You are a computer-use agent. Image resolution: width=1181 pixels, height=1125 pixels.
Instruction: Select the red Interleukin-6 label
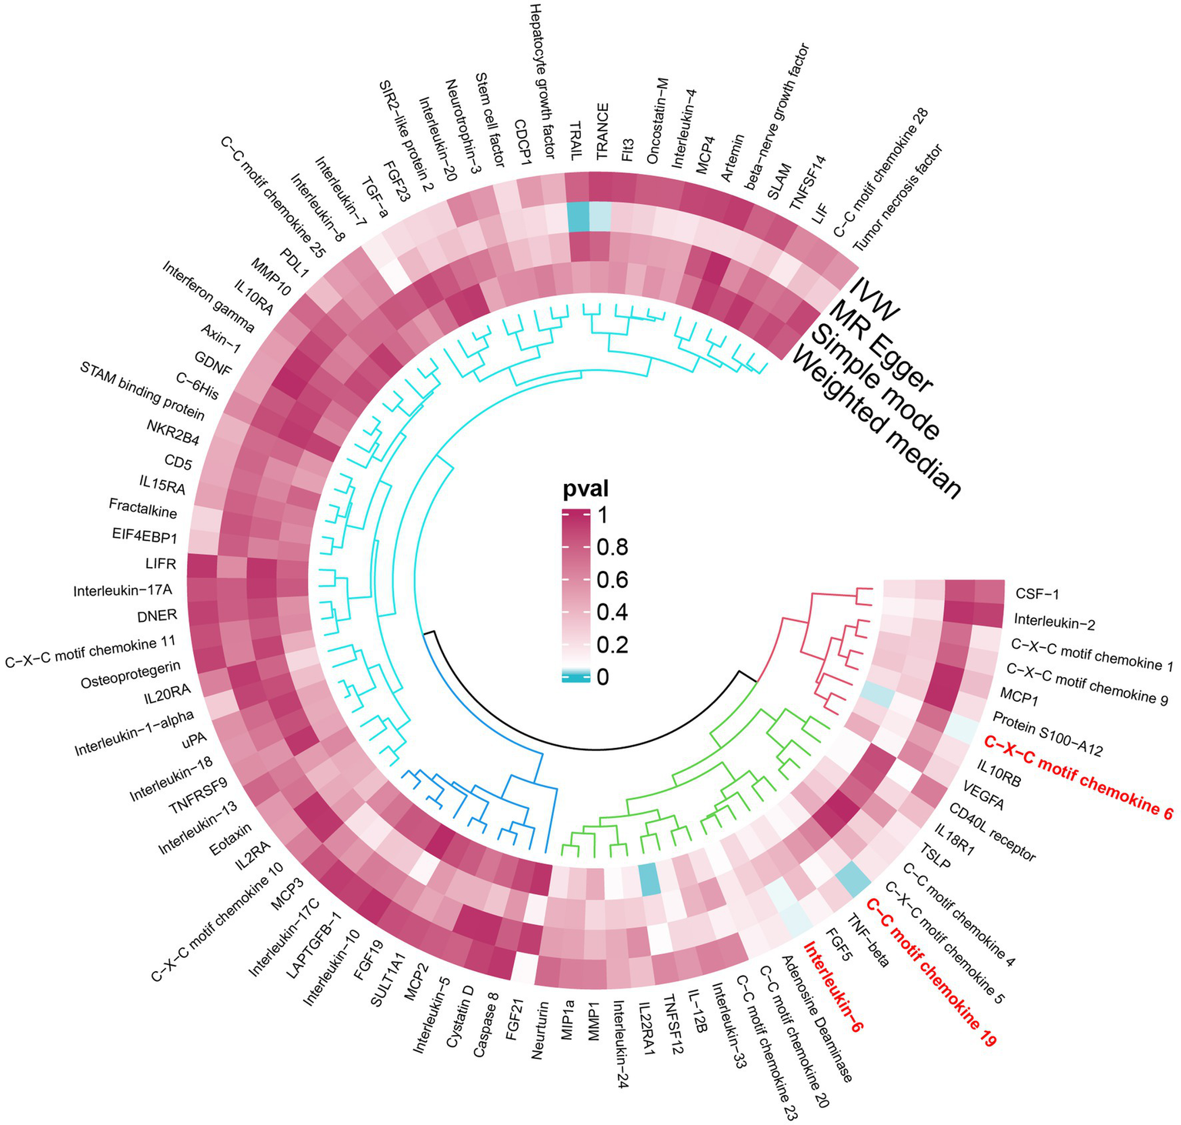[x=833, y=986]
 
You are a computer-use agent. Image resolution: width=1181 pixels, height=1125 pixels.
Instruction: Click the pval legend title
[x=585, y=489]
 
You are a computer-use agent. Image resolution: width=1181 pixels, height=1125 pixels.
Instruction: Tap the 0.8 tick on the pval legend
[x=613, y=547]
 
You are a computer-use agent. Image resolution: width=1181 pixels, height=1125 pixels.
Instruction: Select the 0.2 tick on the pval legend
[x=613, y=644]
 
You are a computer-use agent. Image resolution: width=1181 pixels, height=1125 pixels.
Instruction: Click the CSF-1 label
[x=1037, y=594]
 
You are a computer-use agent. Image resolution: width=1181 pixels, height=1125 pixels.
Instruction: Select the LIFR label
[x=161, y=565]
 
